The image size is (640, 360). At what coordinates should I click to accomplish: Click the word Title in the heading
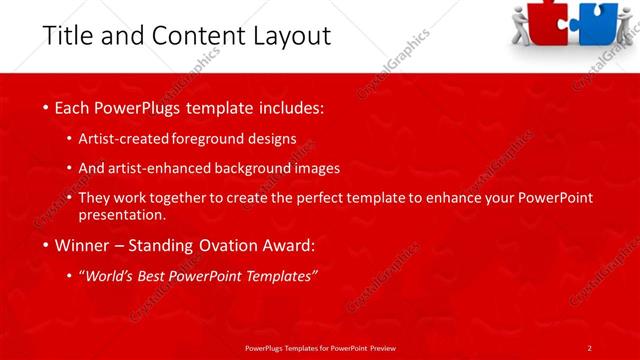pyautogui.click(x=66, y=36)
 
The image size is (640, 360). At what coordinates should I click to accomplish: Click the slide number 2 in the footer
pyautogui.click(x=589, y=347)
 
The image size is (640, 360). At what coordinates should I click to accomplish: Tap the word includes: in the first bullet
pyautogui.click(x=288, y=107)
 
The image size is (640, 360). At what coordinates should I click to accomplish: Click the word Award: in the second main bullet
pyautogui.click(x=287, y=245)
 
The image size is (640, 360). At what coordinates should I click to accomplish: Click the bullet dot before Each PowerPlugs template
pyautogui.click(x=45, y=107)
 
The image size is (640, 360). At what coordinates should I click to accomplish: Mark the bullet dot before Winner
pyautogui.click(x=45, y=245)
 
